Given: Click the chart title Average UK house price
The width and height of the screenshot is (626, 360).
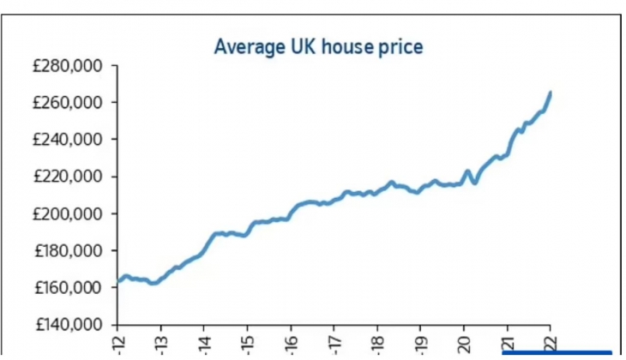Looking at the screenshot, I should [317, 47].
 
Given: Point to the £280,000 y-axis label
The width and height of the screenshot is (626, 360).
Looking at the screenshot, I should [68, 66].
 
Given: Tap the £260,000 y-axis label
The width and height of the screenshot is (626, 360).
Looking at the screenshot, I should [68, 103].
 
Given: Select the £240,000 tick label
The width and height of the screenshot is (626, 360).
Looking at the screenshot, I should [68, 140].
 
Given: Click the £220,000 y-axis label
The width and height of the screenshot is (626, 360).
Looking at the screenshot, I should [68, 177].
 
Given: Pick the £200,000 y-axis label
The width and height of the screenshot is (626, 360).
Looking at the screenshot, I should [68, 213].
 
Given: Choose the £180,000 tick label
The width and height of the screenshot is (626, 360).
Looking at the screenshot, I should [68, 250].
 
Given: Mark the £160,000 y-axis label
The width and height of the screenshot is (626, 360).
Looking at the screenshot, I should [68, 287].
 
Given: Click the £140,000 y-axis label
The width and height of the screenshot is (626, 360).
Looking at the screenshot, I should [68, 325].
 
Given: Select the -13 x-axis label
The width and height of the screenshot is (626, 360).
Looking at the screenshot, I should [160, 343].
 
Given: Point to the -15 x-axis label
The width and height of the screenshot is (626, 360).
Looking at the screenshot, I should [247, 343].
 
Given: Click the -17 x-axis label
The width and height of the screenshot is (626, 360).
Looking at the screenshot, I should [334, 343].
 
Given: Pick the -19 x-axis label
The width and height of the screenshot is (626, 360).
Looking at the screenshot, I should [420, 343].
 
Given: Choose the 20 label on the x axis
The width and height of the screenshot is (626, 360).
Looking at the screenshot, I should [464, 343].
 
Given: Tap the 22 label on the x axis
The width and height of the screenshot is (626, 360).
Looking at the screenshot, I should [551, 343].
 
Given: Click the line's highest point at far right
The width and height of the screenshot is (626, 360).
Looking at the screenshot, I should [551, 93].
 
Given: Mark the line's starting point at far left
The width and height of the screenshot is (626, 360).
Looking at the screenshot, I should [117, 280].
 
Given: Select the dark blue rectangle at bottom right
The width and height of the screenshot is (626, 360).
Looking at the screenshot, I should [557, 354].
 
